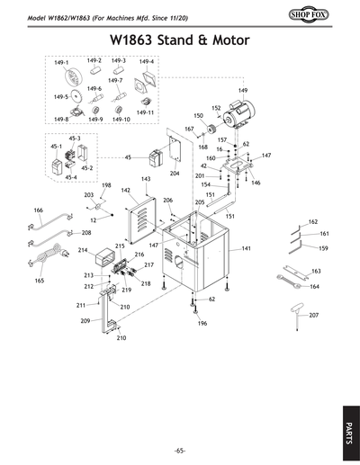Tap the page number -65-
179,449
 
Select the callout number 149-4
147,61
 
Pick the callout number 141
246,247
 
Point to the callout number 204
175,173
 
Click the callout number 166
38,210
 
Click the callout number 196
202,323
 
